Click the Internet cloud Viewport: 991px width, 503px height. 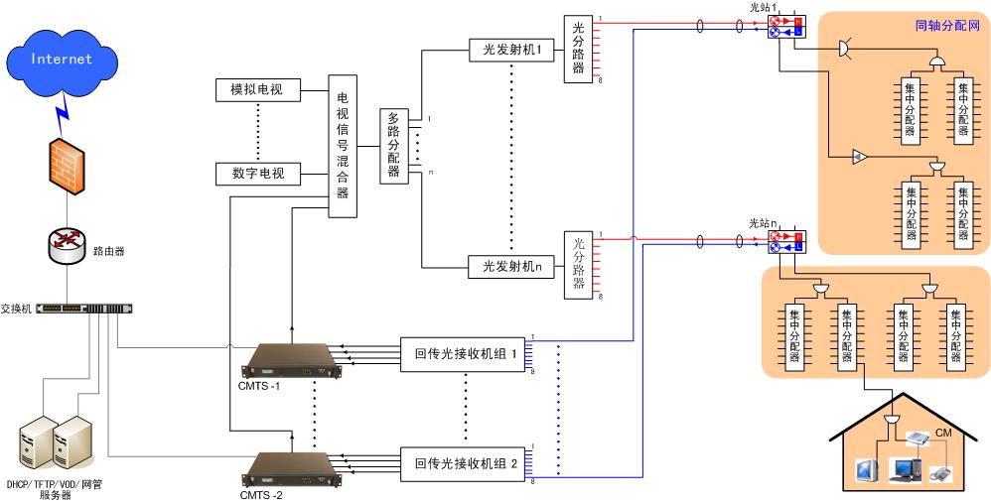coord(62,61)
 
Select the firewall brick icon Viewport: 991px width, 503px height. coord(68,165)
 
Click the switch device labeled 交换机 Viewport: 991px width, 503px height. coord(83,309)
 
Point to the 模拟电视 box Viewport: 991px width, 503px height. coord(256,89)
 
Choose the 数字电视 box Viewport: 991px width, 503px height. coord(256,174)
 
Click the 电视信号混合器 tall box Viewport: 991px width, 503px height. coord(343,145)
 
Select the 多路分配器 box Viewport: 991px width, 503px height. coord(393,145)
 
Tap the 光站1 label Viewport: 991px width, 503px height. coord(762,7)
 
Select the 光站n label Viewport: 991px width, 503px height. coord(762,224)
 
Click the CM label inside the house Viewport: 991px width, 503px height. coord(944,432)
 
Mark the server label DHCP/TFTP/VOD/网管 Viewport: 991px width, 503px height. coord(55,484)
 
